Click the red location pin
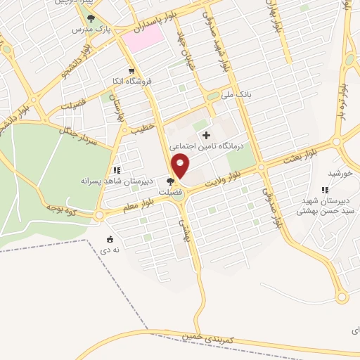point(181,167)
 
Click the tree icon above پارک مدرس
point(90,19)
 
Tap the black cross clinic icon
point(205,135)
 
